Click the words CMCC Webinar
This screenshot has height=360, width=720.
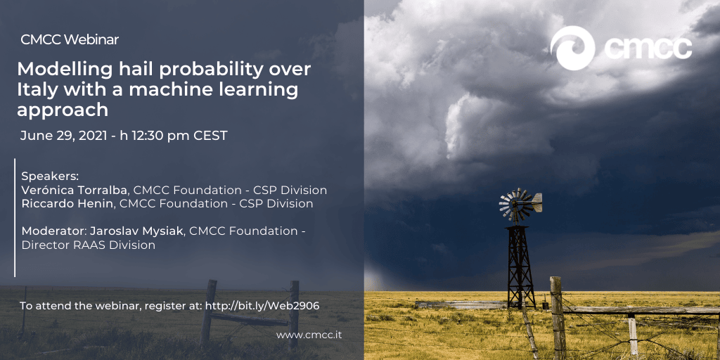click(70, 39)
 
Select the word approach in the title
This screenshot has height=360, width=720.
click(63, 110)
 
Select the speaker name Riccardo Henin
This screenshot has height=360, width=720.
click(67, 203)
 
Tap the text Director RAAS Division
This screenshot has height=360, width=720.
click(88, 245)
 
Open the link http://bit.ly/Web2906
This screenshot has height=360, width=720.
click(262, 306)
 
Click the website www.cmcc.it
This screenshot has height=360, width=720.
click(309, 335)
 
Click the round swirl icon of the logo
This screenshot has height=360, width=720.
click(572, 49)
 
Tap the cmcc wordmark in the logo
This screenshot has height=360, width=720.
click(648, 49)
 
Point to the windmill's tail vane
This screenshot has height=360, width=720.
click(536, 202)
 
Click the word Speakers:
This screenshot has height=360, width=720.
click(51, 176)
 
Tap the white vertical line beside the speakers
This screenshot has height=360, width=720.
click(15, 218)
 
